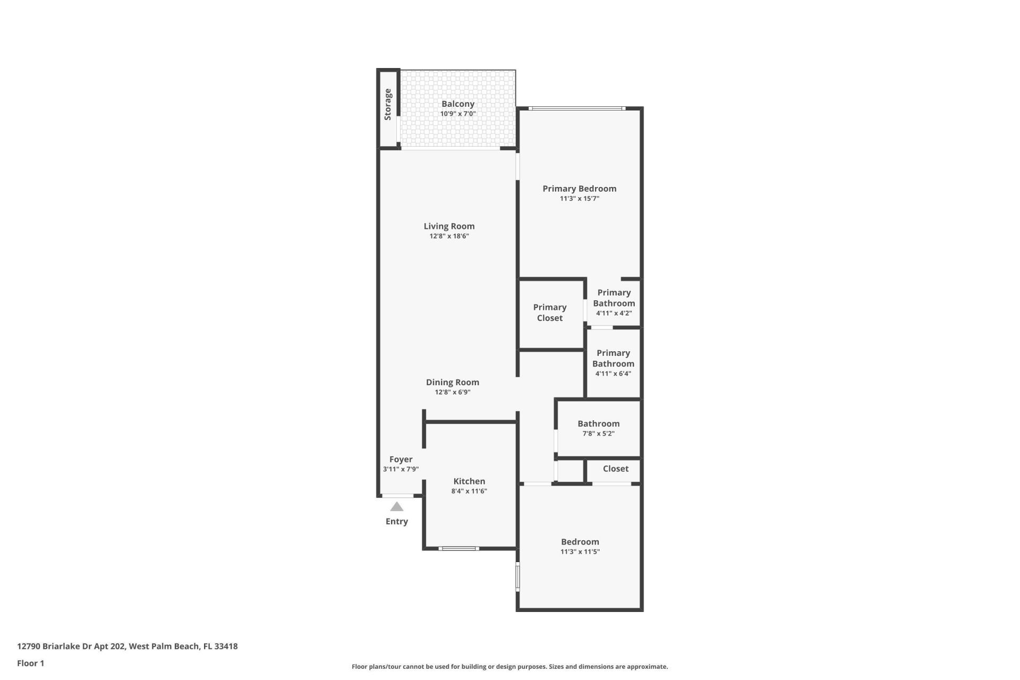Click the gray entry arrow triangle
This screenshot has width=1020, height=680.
(397, 507)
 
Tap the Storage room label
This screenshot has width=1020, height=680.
(388, 105)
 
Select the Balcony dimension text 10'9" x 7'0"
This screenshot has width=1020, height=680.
(457, 114)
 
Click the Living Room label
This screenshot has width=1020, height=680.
(449, 226)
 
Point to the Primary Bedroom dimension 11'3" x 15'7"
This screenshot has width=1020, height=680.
(579, 199)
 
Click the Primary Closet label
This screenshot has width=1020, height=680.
(549, 312)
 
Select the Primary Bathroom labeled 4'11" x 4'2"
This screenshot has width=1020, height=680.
(614, 303)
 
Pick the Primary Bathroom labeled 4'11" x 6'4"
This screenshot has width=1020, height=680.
(613, 363)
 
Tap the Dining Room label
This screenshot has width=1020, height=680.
(452, 382)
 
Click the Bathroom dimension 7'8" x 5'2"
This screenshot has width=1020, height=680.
(598, 433)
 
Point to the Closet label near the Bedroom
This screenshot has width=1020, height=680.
(615, 469)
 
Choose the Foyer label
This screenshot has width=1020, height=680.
(401, 460)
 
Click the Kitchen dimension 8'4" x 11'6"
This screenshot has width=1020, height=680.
(469, 491)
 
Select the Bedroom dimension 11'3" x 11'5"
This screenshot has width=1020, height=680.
(580, 552)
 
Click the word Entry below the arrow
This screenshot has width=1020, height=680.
(397, 522)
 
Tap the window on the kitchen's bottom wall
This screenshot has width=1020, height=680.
(458, 548)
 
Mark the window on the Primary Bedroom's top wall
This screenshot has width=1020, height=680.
(577, 109)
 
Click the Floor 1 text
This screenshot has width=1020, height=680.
(30, 663)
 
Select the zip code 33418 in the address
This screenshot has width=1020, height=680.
(226, 647)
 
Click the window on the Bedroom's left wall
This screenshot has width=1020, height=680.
(517, 577)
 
